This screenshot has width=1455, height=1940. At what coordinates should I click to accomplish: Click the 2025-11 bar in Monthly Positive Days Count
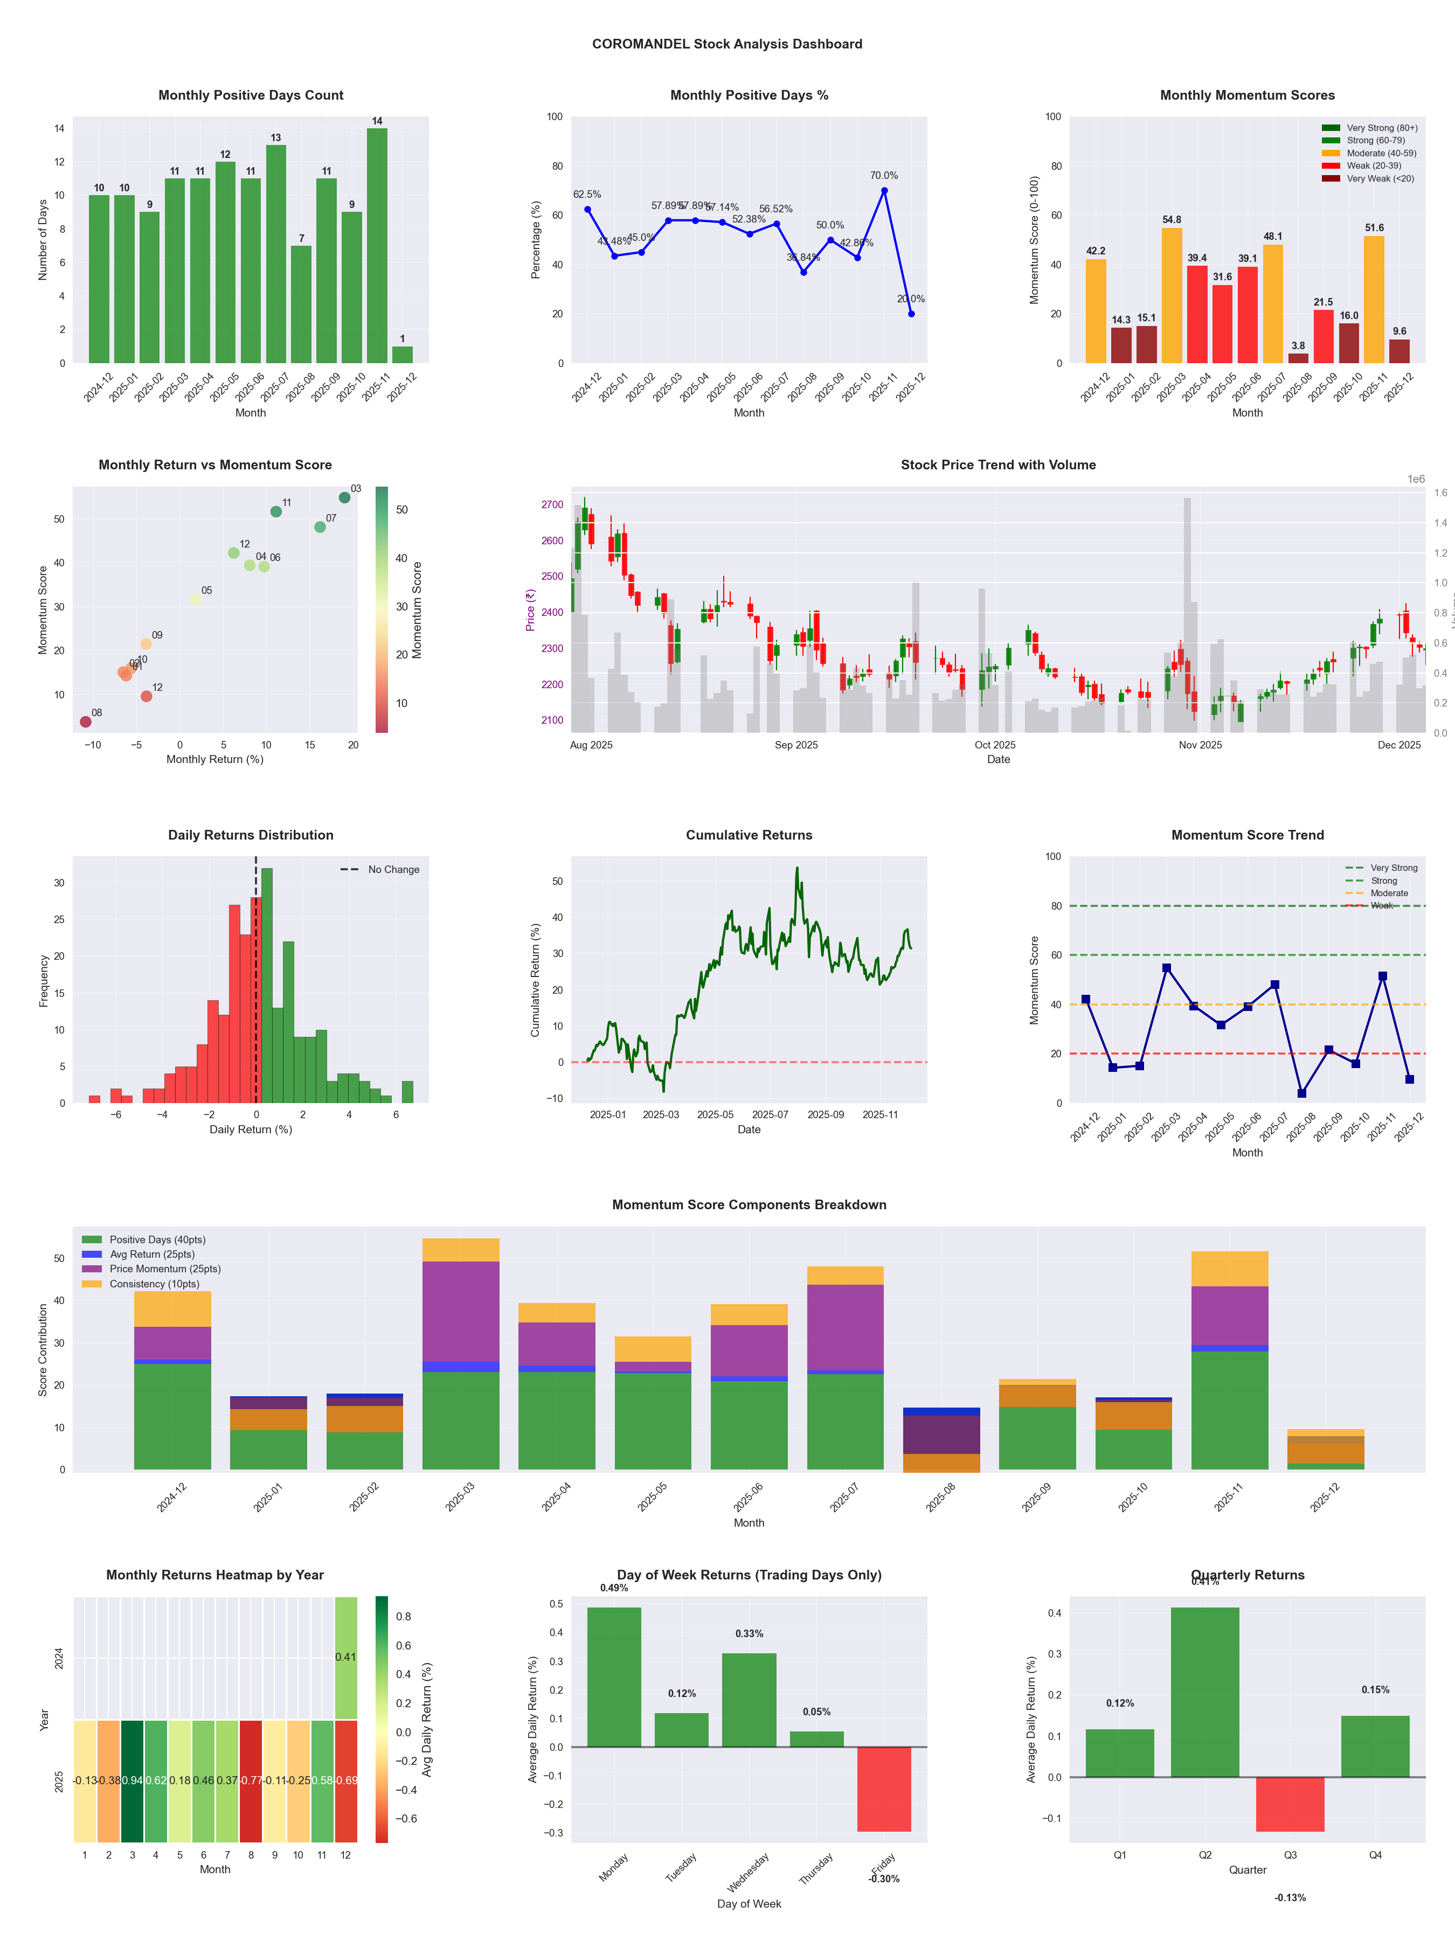pyautogui.click(x=377, y=246)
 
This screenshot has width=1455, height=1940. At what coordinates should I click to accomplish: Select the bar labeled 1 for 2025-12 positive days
pyautogui.click(x=403, y=355)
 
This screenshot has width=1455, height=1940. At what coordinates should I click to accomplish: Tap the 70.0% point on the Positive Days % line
pyautogui.click(x=884, y=190)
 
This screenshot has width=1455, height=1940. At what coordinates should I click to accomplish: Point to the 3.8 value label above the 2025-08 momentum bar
pyautogui.click(x=1298, y=345)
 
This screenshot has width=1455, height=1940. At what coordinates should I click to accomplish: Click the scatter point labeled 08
pyautogui.click(x=86, y=722)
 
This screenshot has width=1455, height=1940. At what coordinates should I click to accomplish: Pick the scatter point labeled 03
pyautogui.click(x=345, y=497)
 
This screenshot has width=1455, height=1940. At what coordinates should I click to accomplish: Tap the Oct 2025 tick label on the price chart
pyautogui.click(x=995, y=745)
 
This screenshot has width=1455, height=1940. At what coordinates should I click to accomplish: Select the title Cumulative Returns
pyautogui.click(x=749, y=835)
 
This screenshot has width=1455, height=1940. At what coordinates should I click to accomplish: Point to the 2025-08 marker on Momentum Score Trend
pyautogui.click(x=1301, y=1093)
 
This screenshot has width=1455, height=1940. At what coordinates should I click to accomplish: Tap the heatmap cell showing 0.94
pyautogui.click(x=133, y=1780)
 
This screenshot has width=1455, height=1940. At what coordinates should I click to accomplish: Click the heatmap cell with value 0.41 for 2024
pyautogui.click(x=345, y=1657)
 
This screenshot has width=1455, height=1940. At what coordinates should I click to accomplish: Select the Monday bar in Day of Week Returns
pyautogui.click(x=614, y=1677)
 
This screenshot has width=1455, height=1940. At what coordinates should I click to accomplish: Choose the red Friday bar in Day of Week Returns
pyautogui.click(x=884, y=1789)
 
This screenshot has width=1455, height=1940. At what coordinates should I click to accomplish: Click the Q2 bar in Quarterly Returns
pyautogui.click(x=1205, y=1693)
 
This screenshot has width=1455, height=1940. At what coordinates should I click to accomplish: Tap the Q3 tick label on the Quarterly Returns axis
pyautogui.click(x=1290, y=1855)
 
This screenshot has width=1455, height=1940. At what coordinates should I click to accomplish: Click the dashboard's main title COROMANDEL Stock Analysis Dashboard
pyautogui.click(x=727, y=44)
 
